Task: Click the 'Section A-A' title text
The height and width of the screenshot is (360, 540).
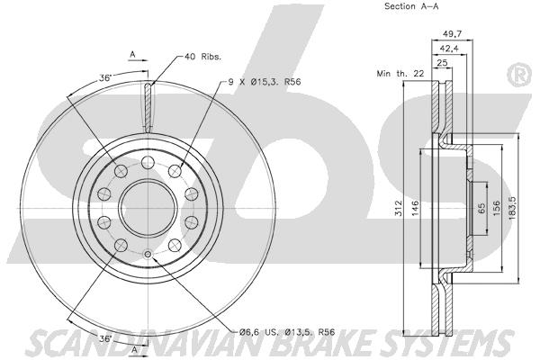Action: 411,6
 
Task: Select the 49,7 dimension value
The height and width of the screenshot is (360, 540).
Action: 452,34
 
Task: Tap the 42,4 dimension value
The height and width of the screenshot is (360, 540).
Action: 449,49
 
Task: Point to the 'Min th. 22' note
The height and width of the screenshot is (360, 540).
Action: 400,74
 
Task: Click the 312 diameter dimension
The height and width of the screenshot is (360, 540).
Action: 398,208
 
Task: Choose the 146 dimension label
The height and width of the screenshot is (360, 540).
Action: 415,208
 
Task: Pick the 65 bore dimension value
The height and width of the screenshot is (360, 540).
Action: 481,208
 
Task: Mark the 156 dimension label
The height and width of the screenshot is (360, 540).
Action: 496,208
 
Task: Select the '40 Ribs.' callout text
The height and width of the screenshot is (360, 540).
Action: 202,57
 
